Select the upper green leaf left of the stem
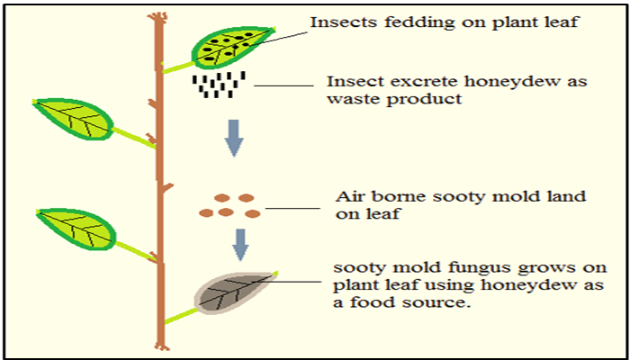72,119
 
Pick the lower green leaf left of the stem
76,229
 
